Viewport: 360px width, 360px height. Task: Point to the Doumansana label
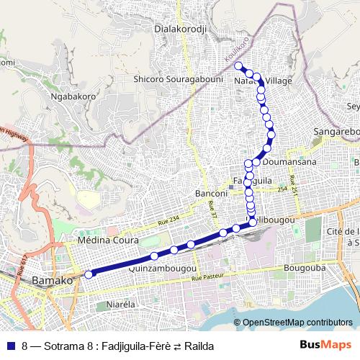(x=284, y=163)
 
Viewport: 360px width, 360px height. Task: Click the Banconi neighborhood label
(x=212, y=194)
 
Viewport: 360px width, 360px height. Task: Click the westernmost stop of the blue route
(x=89, y=274)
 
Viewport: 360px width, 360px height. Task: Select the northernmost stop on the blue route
(x=238, y=66)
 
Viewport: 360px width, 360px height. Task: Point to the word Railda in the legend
(x=199, y=345)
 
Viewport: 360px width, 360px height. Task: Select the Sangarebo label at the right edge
(x=336, y=132)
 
